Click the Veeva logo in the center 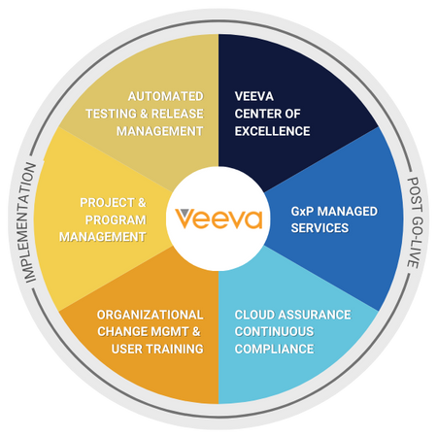point(218,218)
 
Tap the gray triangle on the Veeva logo point(185,213)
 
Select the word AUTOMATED point(165,96)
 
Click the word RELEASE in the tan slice point(178,114)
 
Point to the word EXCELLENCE point(272,131)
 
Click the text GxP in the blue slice point(302,212)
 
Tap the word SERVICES point(319,228)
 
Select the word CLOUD point(254,315)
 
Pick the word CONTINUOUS point(274,331)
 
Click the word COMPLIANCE point(274,349)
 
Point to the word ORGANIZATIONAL point(151,315)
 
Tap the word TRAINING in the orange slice point(175,349)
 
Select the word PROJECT point(107,203)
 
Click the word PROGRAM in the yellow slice point(116,220)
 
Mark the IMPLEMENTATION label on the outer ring point(30,222)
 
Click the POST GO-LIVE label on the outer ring point(415,222)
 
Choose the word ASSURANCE point(315,315)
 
